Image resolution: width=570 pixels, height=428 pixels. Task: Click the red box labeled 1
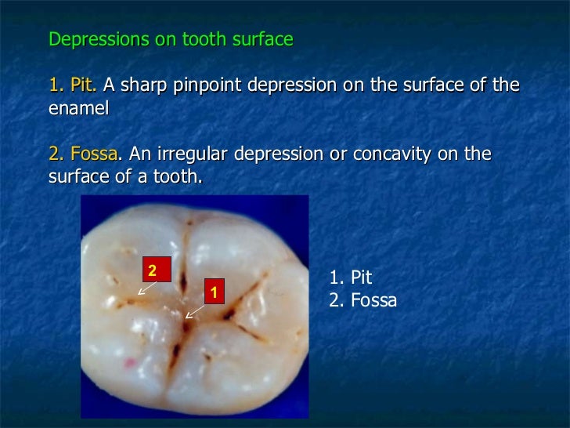point(214,292)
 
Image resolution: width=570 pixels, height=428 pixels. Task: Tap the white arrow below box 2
point(146,288)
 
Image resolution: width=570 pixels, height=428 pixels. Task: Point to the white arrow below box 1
point(195,310)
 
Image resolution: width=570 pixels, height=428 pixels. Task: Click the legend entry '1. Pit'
point(351,277)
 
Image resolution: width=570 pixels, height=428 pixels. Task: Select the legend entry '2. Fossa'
point(363,300)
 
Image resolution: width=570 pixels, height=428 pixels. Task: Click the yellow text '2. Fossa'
point(85,154)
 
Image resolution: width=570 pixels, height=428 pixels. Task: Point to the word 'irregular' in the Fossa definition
point(197,154)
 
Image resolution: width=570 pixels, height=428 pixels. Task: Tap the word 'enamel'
point(78,108)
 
